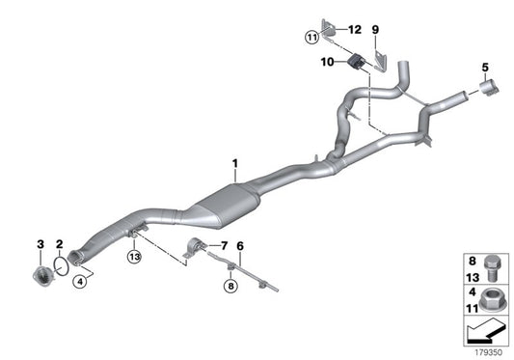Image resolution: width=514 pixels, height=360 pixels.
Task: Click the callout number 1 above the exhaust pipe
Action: [233, 164]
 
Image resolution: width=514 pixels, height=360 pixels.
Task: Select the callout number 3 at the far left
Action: [41, 244]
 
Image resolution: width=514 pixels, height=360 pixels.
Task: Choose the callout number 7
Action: [223, 246]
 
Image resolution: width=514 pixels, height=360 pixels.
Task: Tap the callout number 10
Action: [327, 61]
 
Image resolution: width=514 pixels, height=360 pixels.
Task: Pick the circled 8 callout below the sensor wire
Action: [230, 286]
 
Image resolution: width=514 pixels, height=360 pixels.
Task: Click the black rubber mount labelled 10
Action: [354, 61]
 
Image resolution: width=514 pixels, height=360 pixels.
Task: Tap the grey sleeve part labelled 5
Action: [485, 88]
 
